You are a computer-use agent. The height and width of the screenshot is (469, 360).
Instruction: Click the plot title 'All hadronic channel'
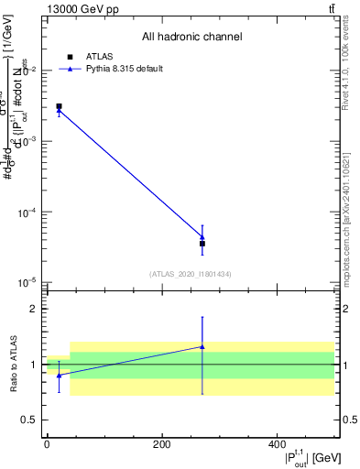coord(191,37)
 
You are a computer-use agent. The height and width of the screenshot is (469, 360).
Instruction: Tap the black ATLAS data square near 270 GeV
coord(202,244)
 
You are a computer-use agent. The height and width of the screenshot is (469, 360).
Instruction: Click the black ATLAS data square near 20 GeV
coord(59,106)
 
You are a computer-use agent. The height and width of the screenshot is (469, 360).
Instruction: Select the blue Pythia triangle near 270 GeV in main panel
coord(202,237)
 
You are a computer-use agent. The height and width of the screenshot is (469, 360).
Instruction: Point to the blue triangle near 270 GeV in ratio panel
coord(202,346)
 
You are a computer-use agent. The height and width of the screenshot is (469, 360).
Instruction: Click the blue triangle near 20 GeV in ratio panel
coord(59,375)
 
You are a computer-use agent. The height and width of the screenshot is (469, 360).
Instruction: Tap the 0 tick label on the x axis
coord(47,444)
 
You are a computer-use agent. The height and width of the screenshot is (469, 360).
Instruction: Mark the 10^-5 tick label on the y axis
coord(27,282)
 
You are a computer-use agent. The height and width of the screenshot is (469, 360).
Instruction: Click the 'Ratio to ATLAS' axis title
coord(12,365)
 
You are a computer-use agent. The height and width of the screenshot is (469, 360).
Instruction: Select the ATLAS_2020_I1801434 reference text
coord(190,274)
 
